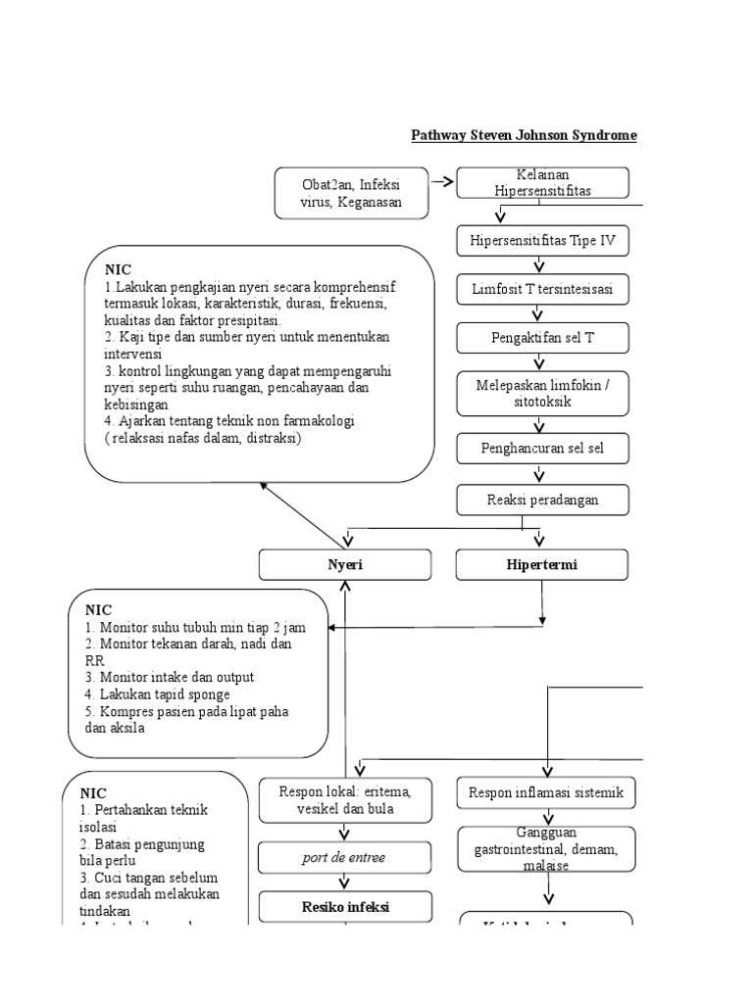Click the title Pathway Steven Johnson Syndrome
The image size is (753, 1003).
click(523, 135)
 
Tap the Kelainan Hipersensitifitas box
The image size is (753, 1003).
click(542, 183)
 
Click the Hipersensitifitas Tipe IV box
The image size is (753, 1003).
click(542, 240)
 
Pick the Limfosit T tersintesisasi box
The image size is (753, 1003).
click(542, 289)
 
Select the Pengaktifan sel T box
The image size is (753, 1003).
click(542, 338)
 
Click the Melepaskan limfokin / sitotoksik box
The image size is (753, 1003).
click(542, 393)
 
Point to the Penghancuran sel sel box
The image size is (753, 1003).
click(542, 449)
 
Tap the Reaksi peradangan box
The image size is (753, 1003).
click(542, 500)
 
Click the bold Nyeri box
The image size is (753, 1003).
click(344, 565)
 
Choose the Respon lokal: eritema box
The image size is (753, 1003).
click(344, 800)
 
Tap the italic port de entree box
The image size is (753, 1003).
click(344, 857)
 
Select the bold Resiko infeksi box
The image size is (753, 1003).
click(344, 907)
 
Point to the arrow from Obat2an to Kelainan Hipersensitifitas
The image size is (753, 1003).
click(441, 182)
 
